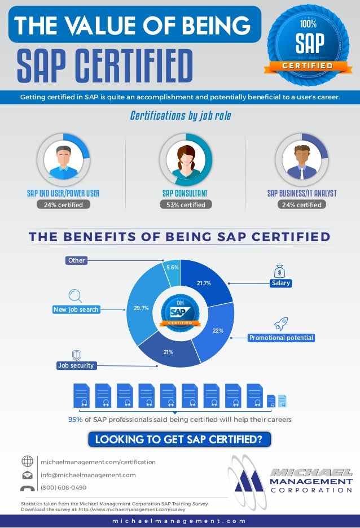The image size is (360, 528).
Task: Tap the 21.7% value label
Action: click(x=204, y=283)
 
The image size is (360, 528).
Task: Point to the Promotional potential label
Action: click(x=281, y=338)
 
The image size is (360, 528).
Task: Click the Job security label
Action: click(x=76, y=365)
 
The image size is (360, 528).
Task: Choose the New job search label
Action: click(x=76, y=309)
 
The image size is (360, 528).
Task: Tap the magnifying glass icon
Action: click(x=75, y=295)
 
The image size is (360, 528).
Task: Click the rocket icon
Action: click(x=280, y=324)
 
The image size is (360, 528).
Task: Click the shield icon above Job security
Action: click(x=77, y=355)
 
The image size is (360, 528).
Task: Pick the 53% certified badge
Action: click(x=186, y=204)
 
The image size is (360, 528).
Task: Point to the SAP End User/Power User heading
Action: click(x=63, y=193)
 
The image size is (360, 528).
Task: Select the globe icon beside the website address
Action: click(x=27, y=461)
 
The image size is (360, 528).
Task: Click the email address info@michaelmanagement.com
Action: click(x=88, y=475)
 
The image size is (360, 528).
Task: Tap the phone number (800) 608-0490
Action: click(x=63, y=487)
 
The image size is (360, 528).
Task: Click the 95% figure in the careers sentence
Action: click(x=75, y=420)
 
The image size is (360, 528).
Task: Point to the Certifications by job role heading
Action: click(x=180, y=116)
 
